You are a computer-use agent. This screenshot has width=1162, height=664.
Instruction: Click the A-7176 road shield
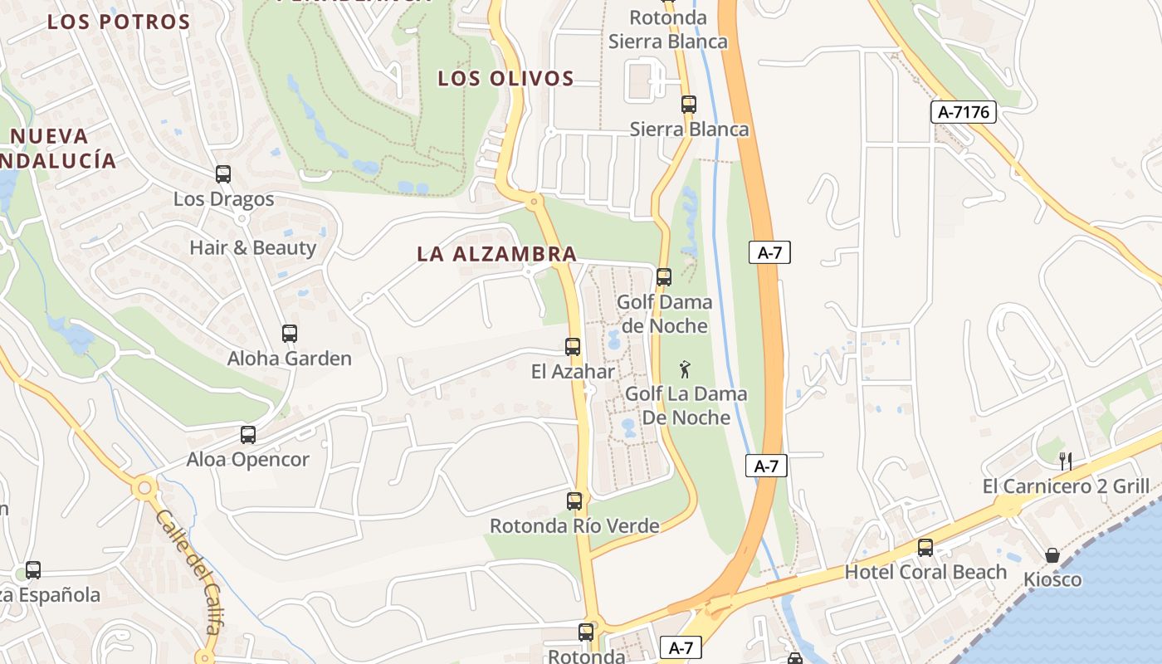(x=963, y=112)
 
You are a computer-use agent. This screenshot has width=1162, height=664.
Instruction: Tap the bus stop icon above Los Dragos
(x=223, y=174)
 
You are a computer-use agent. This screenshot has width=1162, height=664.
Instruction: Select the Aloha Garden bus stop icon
(x=290, y=334)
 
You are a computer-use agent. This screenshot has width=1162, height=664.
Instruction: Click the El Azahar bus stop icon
(x=573, y=347)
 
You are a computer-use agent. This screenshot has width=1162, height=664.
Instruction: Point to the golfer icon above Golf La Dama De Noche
(x=685, y=369)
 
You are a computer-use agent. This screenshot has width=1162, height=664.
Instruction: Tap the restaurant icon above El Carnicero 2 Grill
(x=1066, y=461)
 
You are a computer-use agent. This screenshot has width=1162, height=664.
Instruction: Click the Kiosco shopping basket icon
(x=1052, y=555)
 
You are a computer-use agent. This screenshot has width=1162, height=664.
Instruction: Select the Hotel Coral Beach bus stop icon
(x=925, y=548)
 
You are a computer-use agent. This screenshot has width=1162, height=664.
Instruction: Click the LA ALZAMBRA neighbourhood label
(x=496, y=254)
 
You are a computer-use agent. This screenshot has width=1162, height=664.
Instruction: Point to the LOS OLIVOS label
(x=505, y=79)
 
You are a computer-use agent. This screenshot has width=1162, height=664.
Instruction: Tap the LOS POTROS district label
(x=119, y=22)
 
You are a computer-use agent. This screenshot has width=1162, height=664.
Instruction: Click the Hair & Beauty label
(x=252, y=247)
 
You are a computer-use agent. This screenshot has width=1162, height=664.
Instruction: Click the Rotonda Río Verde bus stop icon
(x=574, y=501)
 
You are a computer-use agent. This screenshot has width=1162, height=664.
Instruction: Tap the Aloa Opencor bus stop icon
(x=248, y=435)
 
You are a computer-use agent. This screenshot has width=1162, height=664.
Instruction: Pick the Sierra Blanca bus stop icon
(x=689, y=105)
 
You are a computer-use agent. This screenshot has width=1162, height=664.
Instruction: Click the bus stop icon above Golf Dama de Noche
(x=664, y=277)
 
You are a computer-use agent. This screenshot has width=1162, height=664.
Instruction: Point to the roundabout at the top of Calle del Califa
(x=145, y=487)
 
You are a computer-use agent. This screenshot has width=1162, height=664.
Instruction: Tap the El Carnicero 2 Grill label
(x=1066, y=486)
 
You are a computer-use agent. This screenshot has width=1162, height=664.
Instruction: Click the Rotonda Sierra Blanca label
(x=668, y=30)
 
